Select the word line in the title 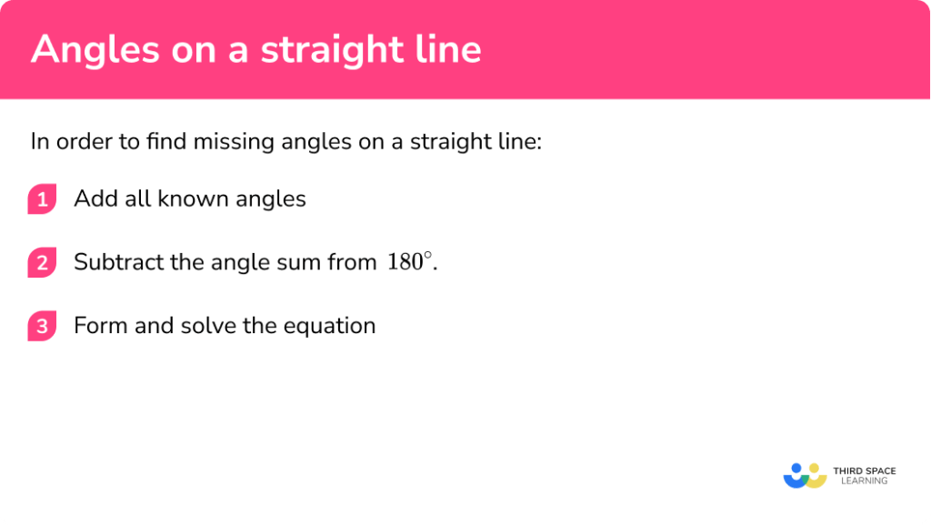(445, 50)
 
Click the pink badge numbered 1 (42, 199)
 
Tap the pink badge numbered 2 (42, 263)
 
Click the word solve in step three (205, 326)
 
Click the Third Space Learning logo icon (805, 475)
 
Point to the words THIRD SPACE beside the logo (864, 471)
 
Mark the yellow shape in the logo (816, 477)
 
